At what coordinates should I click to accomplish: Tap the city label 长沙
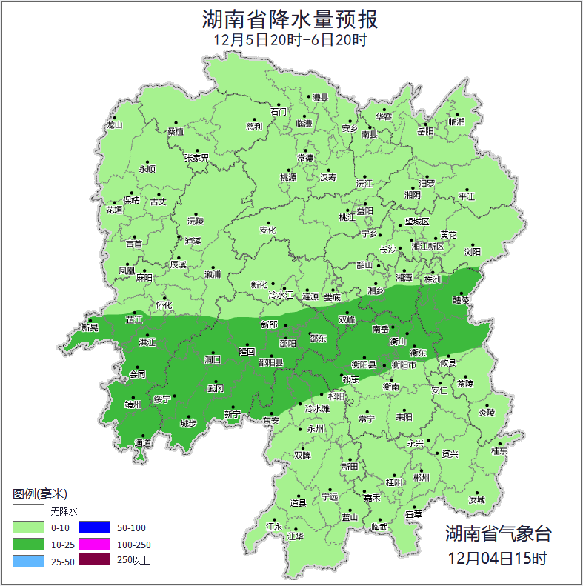pos(387,250)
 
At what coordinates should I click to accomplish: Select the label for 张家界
pos(196,158)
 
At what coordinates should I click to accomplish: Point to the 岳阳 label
pos(425,131)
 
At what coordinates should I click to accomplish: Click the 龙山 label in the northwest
pos(113,125)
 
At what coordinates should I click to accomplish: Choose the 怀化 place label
pos(164,304)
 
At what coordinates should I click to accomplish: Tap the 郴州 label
pos(421,479)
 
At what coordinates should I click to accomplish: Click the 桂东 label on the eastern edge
pos(500,450)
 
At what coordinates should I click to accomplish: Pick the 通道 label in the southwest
pos(142,443)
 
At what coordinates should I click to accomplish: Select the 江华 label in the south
pos(296,536)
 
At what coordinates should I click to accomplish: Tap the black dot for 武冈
pos(216,381)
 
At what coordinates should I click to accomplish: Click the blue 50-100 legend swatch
pos(94,527)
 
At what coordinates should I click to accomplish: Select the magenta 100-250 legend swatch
pos(94,544)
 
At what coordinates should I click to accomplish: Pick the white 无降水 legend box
pos(28,510)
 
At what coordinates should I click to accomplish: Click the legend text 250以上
pos(133,560)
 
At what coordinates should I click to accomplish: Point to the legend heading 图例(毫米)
pos(40,494)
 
